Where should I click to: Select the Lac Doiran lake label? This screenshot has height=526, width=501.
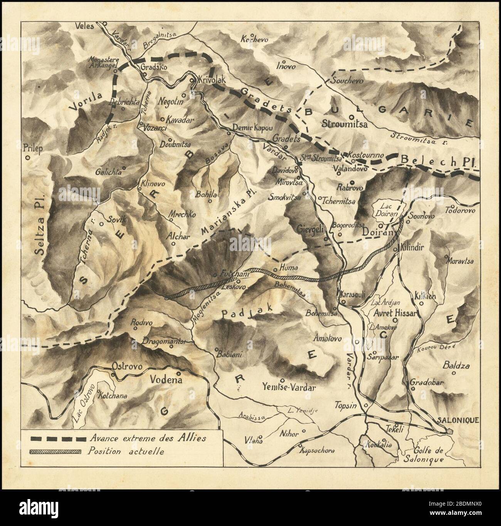pyautogui.click(x=387, y=209)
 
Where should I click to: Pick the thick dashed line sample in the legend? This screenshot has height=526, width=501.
pyautogui.click(x=58, y=439)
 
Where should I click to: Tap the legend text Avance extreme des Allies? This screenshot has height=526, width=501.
pyautogui.click(x=147, y=438)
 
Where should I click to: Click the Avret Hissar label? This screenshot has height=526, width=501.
pyautogui.click(x=395, y=313)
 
